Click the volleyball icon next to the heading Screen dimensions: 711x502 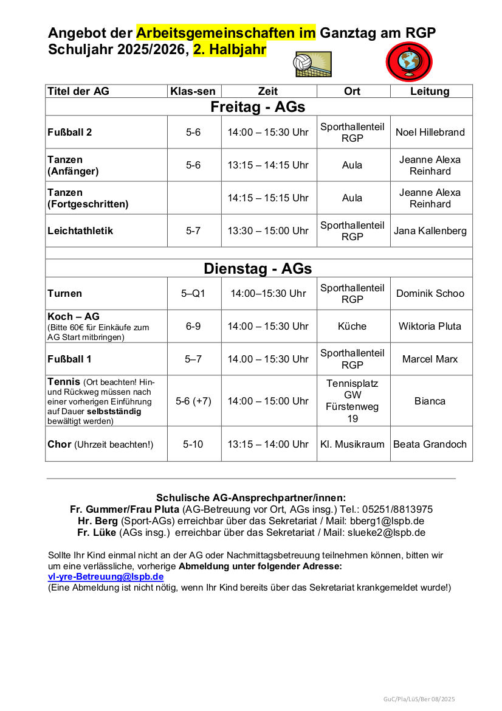pos(313,64)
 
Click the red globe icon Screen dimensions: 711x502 pos(409,62)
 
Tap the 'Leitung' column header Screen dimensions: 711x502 pos(430,91)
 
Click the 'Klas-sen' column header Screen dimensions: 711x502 pos(193,91)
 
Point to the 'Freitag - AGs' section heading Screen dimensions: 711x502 pos(258,107)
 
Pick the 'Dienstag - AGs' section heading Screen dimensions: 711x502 pos(258,268)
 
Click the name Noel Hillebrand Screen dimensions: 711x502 pos(430,132)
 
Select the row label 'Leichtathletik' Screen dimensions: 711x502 pos(80,231)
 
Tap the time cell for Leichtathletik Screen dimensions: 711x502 pos(268,231)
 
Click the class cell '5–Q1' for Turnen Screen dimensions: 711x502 pos(193,293)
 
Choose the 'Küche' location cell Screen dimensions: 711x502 pos(352,326)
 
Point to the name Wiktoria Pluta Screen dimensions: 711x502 pos(430,326)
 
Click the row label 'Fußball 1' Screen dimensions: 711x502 pos(70,359)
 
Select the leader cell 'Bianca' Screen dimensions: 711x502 pos(430,401)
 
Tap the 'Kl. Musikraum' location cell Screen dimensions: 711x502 pos(352,444)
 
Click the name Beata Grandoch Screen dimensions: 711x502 pos(430,444)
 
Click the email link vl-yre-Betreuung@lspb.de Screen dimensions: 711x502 pos(106,577)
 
